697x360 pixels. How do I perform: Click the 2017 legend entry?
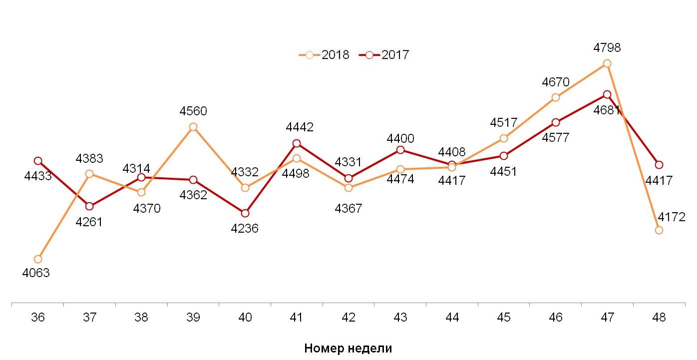pyautogui.click(x=384, y=55)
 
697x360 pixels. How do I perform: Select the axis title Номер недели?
pyautogui.click(x=348, y=348)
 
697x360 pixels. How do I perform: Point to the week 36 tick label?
pyautogui.click(x=37, y=318)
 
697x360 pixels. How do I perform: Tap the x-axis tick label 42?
pyautogui.click(x=348, y=318)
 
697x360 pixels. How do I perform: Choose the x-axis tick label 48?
pyautogui.click(x=659, y=318)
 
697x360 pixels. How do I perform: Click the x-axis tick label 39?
pyautogui.click(x=193, y=318)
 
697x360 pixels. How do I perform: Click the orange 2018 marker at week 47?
pyautogui.click(x=607, y=63)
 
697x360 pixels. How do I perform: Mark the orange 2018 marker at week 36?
pyautogui.click(x=38, y=259)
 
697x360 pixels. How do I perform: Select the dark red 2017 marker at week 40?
pyautogui.click(x=245, y=213)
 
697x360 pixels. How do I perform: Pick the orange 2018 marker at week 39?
pyautogui.click(x=193, y=127)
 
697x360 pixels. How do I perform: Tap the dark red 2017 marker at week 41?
pyautogui.click(x=297, y=143)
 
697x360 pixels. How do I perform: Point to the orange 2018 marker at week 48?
pyautogui.click(x=659, y=230)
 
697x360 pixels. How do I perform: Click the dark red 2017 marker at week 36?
pyautogui.click(x=38, y=161)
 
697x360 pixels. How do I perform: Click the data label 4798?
pyautogui.click(x=607, y=48)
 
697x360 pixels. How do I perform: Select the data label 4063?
pyautogui.click(x=36, y=273)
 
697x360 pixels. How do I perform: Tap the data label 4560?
pyautogui.click(x=193, y=111)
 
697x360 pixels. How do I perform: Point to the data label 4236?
pyautogui.click(x=245, y=229)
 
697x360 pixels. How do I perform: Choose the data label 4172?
pyautogui.click(x=672, y=217)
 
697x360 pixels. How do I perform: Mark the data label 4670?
pyautogui.click(x=556, y=82)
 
